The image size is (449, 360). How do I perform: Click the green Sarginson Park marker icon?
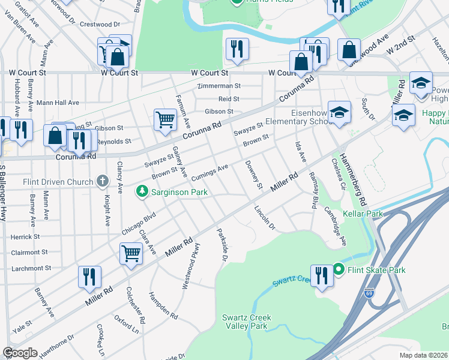[142, 192]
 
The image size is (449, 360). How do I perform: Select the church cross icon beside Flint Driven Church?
[103, 181]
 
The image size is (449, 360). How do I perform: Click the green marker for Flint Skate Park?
[338, 270]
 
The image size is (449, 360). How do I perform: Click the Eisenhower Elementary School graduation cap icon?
[339, 112]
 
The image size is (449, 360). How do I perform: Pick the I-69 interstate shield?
[369, 293]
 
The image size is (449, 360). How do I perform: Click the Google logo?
[20, 353]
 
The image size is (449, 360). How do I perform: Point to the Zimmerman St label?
[220, 86]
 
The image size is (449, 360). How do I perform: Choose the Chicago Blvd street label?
[139, 223]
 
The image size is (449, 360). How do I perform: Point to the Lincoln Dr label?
[264, 219]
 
